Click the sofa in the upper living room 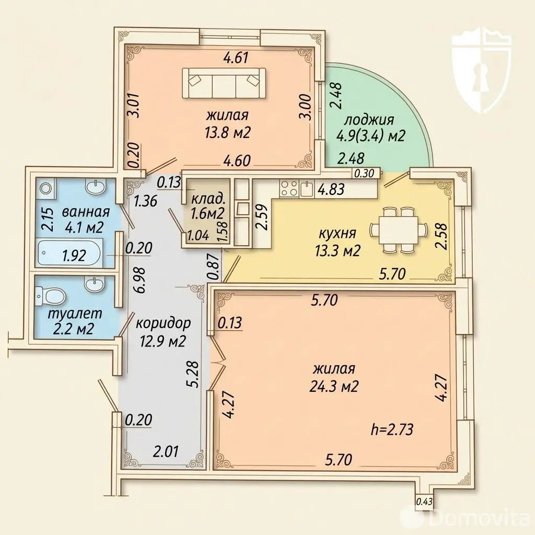[224, 84]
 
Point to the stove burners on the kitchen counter [289, 189]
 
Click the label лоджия [369, 120]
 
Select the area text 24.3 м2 [334, 386]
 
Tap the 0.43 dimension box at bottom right [424, 502]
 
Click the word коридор [163, 323]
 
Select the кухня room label [337, 234]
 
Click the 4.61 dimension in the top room [236, 57]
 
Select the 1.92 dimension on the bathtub [75, 255]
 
